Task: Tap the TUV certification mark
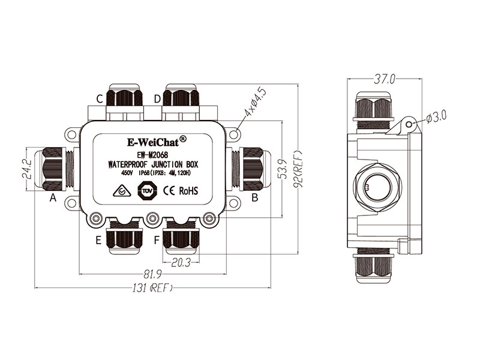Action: (x=146, y=191)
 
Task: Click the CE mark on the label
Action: (x=169, y=191)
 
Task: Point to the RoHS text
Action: (x=188, y=191)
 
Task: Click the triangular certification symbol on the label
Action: (x=122, y=192)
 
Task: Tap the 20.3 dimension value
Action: (x=181, y=261)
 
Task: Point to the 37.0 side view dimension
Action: (x=384, y=79)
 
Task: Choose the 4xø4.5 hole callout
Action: (x=256, y=104)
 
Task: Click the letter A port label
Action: (x=53, y=197)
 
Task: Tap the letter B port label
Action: (x=254, y=197)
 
